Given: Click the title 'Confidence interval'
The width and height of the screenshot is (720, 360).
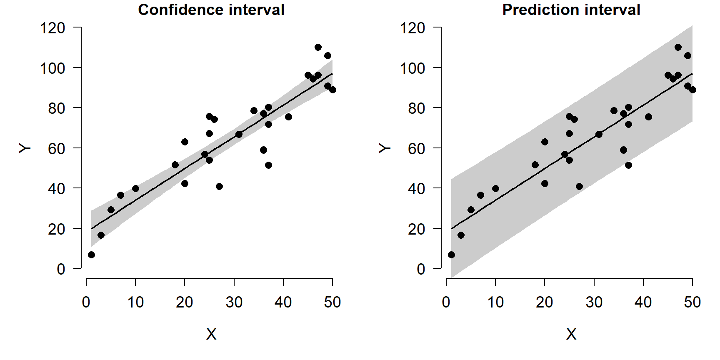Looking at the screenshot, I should pos(211,10).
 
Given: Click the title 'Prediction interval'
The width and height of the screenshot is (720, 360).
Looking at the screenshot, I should pos(571,10).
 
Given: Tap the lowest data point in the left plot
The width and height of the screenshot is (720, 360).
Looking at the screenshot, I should pos(91,255).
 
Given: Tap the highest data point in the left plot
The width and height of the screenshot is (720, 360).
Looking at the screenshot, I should pos(318,47).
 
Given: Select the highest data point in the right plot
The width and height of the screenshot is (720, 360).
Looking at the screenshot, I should pos(678,47).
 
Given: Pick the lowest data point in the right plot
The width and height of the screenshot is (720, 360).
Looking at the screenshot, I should pos(451,255).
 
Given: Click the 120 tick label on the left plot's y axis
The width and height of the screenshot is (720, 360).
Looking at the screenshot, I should pos(52,28).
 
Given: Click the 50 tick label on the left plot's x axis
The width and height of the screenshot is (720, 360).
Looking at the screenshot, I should pos(332,302).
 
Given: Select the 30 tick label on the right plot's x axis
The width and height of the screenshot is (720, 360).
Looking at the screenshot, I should pos(594,302).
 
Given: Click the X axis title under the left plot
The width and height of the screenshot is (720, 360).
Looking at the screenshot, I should pos(211,334).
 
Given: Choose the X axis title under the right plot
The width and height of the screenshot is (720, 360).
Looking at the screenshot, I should pos(571,334).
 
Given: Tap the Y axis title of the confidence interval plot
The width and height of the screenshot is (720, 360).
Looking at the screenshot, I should pos(25,148).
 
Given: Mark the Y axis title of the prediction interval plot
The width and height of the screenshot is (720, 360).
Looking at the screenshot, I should pos(385,148).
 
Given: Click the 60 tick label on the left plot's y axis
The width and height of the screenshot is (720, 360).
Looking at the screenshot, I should pos(57,148).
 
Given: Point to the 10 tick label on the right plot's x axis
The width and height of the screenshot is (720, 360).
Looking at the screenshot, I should pos(495,302).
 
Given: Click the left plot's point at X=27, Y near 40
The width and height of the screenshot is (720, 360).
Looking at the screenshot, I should pos(219,186).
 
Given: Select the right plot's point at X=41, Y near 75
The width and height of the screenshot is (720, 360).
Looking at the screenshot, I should pos(648,117).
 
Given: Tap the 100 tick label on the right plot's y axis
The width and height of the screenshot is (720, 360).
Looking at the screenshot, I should pos(412,68).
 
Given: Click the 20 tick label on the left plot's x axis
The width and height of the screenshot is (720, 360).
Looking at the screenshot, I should pos(185,302).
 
